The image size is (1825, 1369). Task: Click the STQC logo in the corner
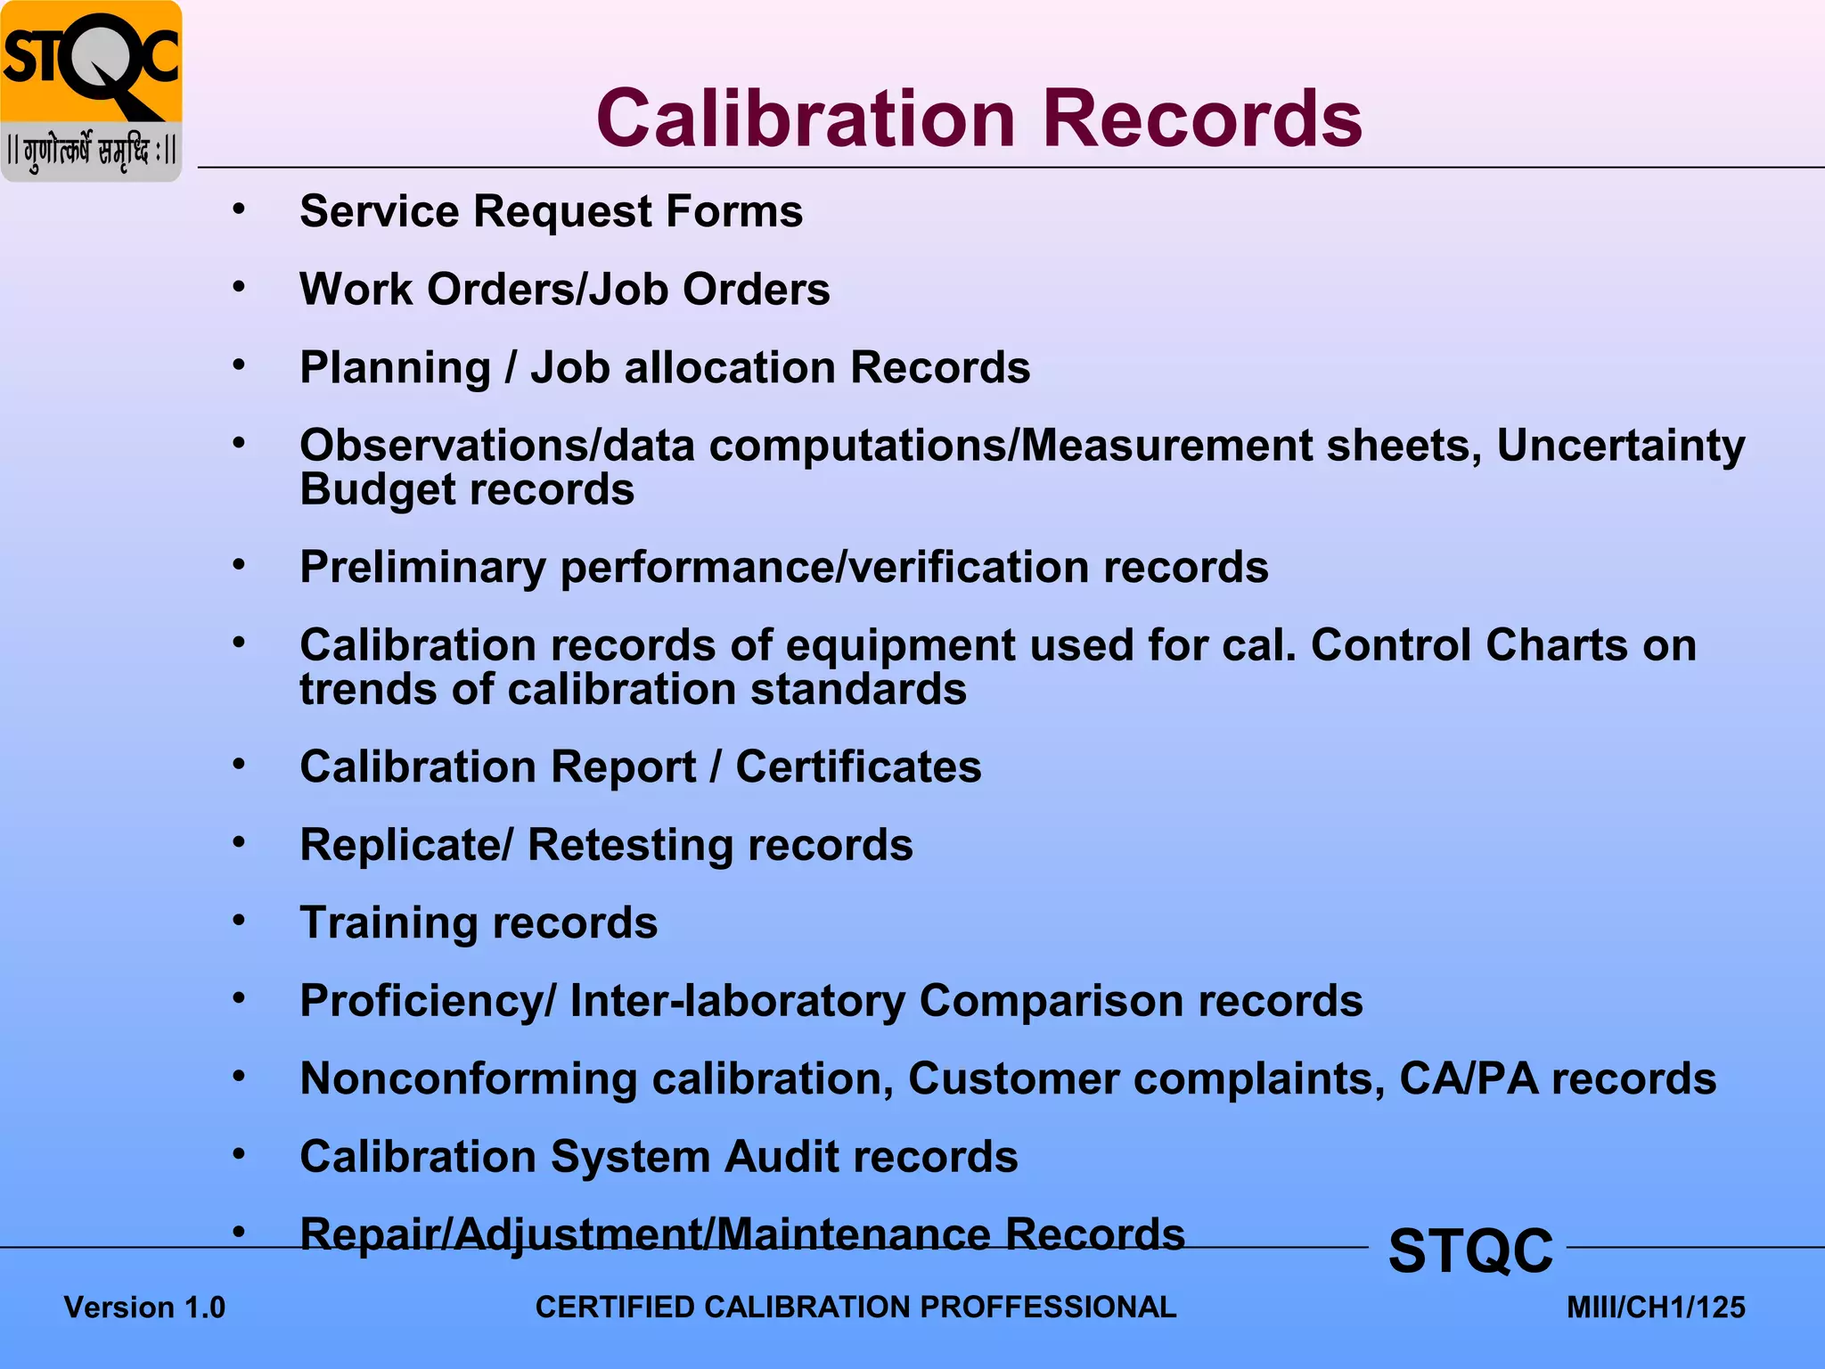click(91, 91)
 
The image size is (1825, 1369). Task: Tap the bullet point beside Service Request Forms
click(239, 210)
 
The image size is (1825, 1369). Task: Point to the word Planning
click(395, 369)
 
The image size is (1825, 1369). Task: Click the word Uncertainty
click(1620, 446)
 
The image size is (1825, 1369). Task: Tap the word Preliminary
click(422, 568)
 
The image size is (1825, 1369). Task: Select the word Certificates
click(858, 767)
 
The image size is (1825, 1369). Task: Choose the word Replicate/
click(406, 846)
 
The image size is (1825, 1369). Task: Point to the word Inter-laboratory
click(737, 1001)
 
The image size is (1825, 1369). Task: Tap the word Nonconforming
click(468, 1079)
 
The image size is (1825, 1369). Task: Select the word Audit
click(781, 1157)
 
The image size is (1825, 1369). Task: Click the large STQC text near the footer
click(1470, 1250)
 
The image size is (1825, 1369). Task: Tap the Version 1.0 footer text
click(144, 1308)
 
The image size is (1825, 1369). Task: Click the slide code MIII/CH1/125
click(1656, 1308)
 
